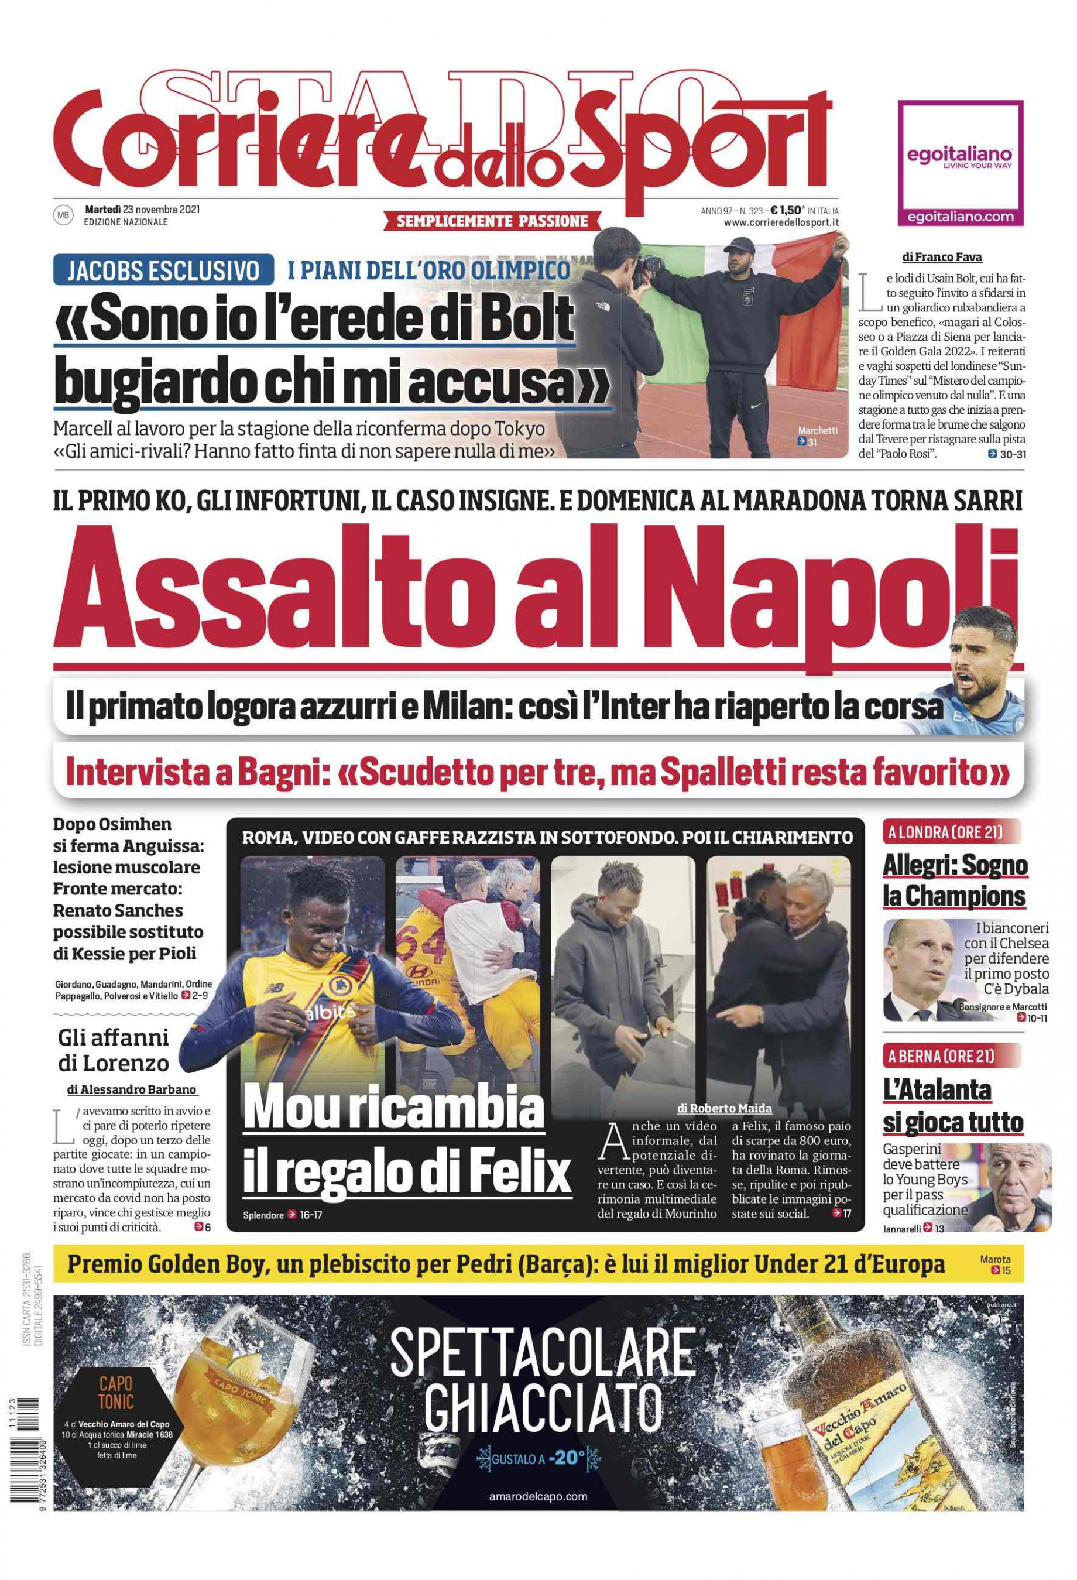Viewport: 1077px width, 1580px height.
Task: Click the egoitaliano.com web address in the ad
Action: click(x=960, y=217)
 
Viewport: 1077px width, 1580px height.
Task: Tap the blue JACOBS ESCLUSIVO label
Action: click(x=163, y=270)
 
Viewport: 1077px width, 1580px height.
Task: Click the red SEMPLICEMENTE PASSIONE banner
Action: click(x=492, y=220)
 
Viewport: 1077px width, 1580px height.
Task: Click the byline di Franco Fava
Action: click(x=942, y=258)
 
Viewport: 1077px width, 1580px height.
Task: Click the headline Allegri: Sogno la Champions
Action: click(x=954, y=881)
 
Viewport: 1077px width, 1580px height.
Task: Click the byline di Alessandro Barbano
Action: click(x=132, y=1089)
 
